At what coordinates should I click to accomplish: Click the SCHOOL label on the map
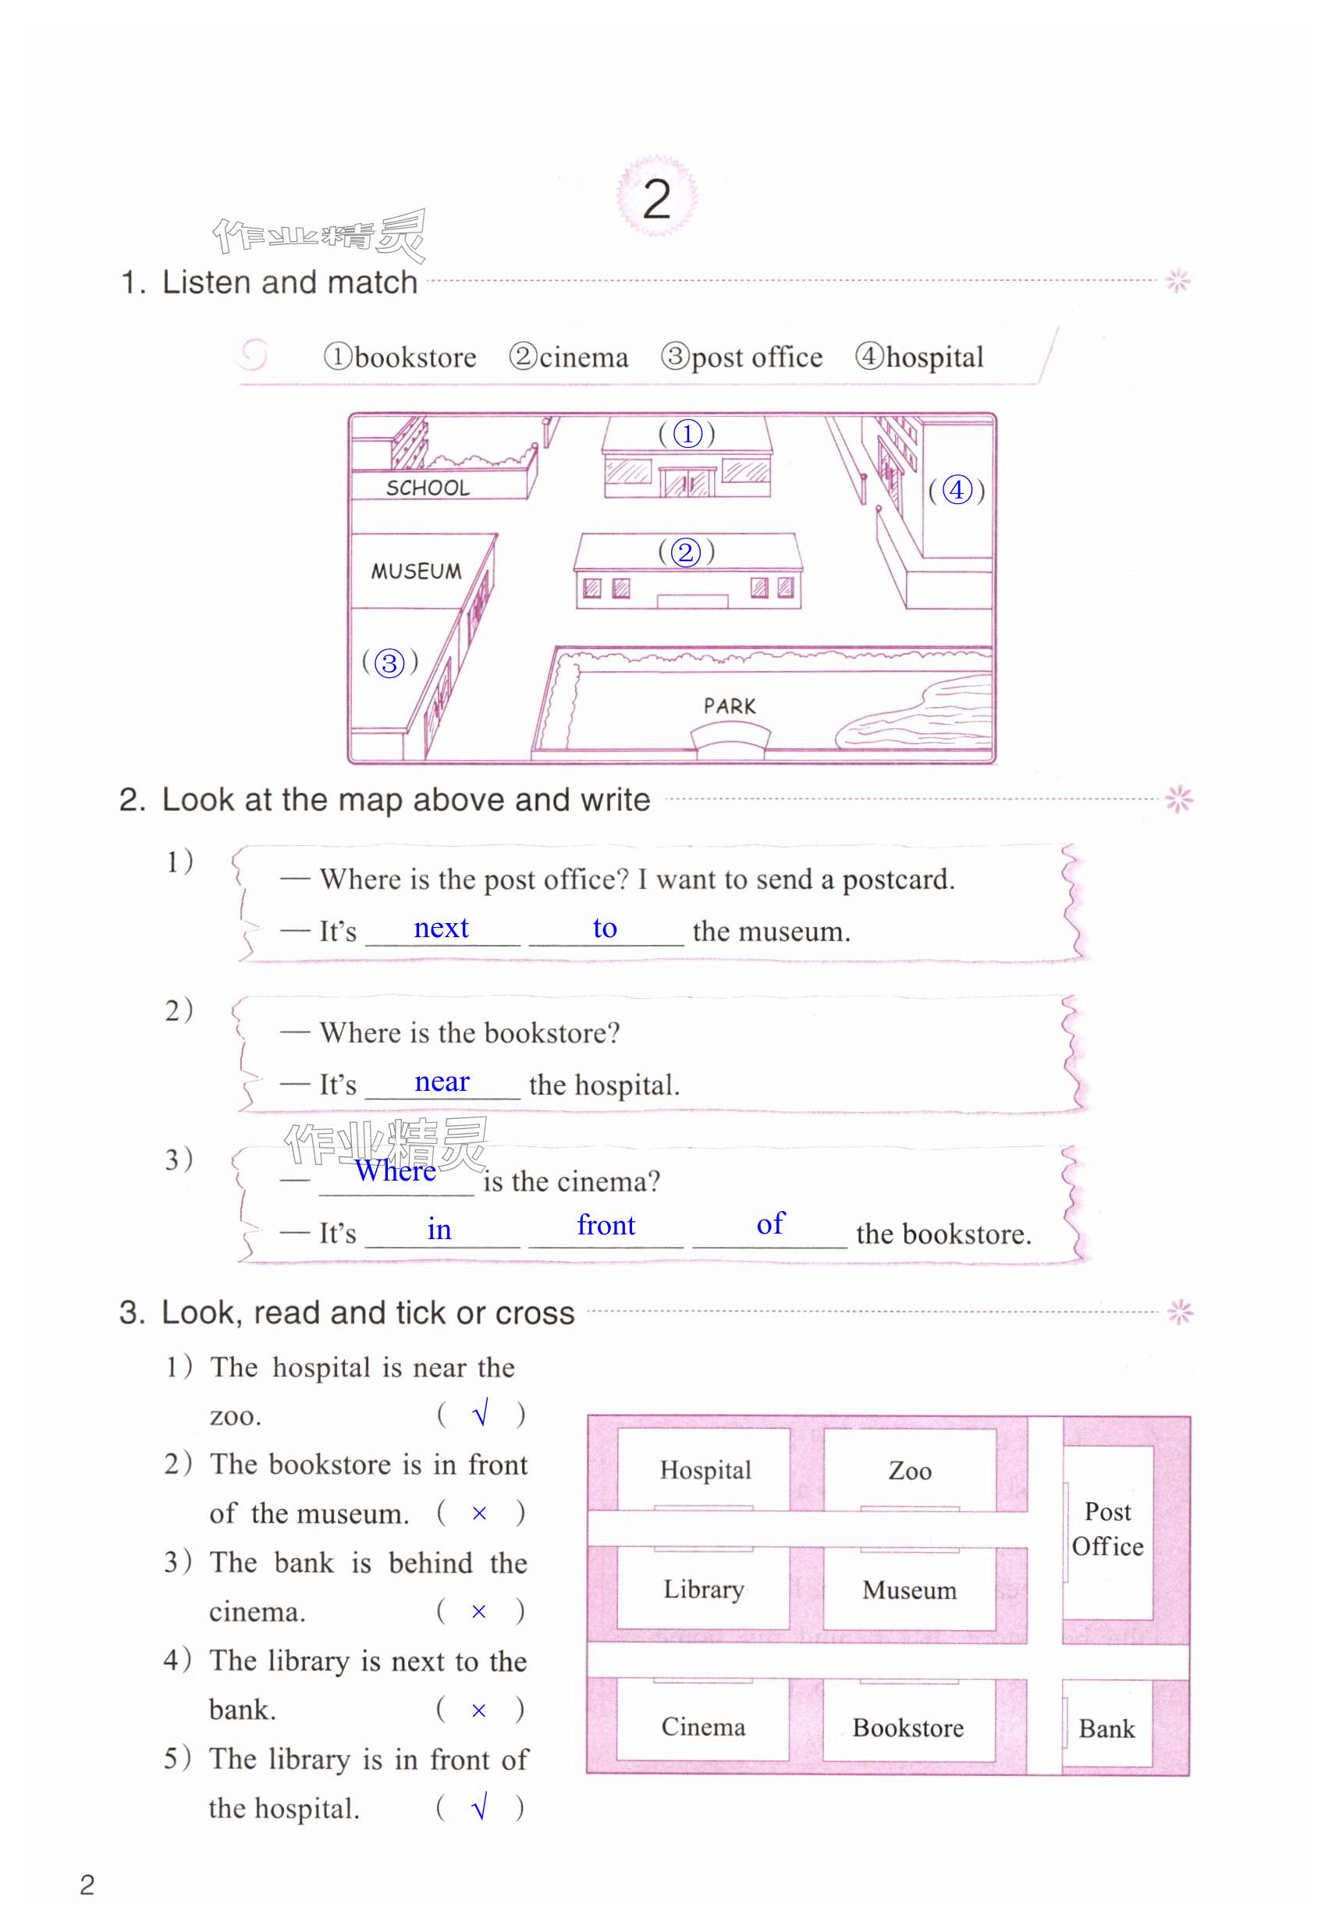click(x=428, y=488)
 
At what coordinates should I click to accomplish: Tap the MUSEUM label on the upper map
click(x=416, y=572)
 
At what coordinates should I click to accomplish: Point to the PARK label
click(x=730, y=706)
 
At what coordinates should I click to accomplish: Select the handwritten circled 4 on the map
click(x=957, y=490)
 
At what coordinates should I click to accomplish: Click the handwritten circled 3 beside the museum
click(x=389, y=662)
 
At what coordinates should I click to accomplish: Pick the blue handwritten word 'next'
click(x=441, y=928)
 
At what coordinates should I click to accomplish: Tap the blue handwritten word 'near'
click(x=442, y=1081)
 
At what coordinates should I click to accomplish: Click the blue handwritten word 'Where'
click(x=395, y=1170)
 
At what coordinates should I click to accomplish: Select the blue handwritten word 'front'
click(x=606, y=1225)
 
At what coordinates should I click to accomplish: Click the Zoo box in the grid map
click(x=910, y=1470)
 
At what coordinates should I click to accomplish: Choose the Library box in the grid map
click(x=704, y=1589)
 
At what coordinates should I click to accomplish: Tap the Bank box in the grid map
click(x=1106, y=1728)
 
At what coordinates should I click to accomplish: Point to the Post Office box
click(x=1107, y=1529)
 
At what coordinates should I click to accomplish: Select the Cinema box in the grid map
click(x=703, y=1726)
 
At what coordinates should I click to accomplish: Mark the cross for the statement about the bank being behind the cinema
click(x=479, y=1611)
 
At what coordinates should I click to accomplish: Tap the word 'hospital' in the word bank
click(x=934, y=357)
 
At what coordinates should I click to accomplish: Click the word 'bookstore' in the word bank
click(x=415, y=357)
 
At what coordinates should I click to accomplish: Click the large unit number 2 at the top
click(x=656, y=199)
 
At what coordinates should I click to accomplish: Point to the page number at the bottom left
click(x=87, y=1884)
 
